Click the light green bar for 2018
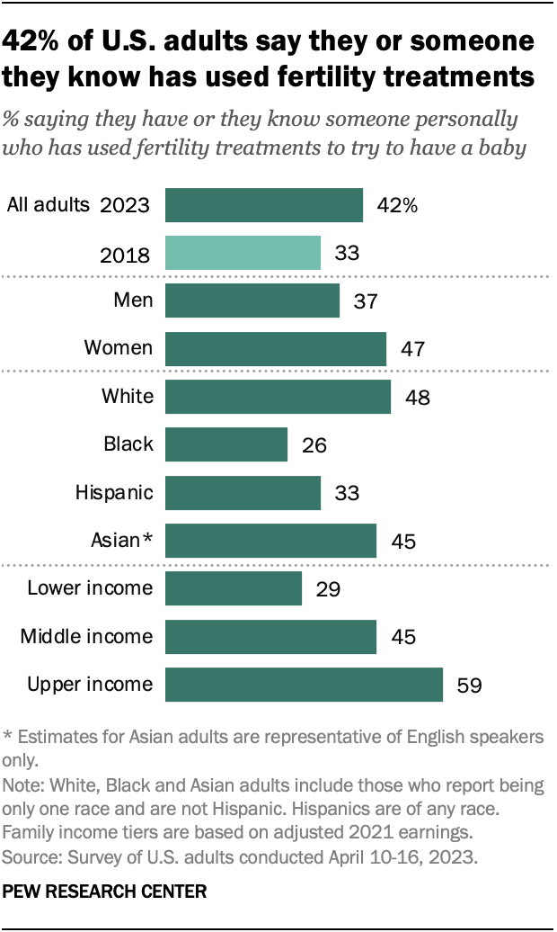pos(243,253)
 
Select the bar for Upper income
pos(304,685)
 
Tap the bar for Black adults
pos(226,444)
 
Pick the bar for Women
pos(276,348)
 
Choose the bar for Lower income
pos(234,589)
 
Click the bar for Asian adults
pos(270,541)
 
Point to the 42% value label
pos(396,205)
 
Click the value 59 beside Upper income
pos(469,686)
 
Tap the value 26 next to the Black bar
pos(314,444)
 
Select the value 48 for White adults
pos(417,397)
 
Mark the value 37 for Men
pos(366,300)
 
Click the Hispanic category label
pos(115,492)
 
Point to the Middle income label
pos(86,637)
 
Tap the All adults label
pos(49,204)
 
